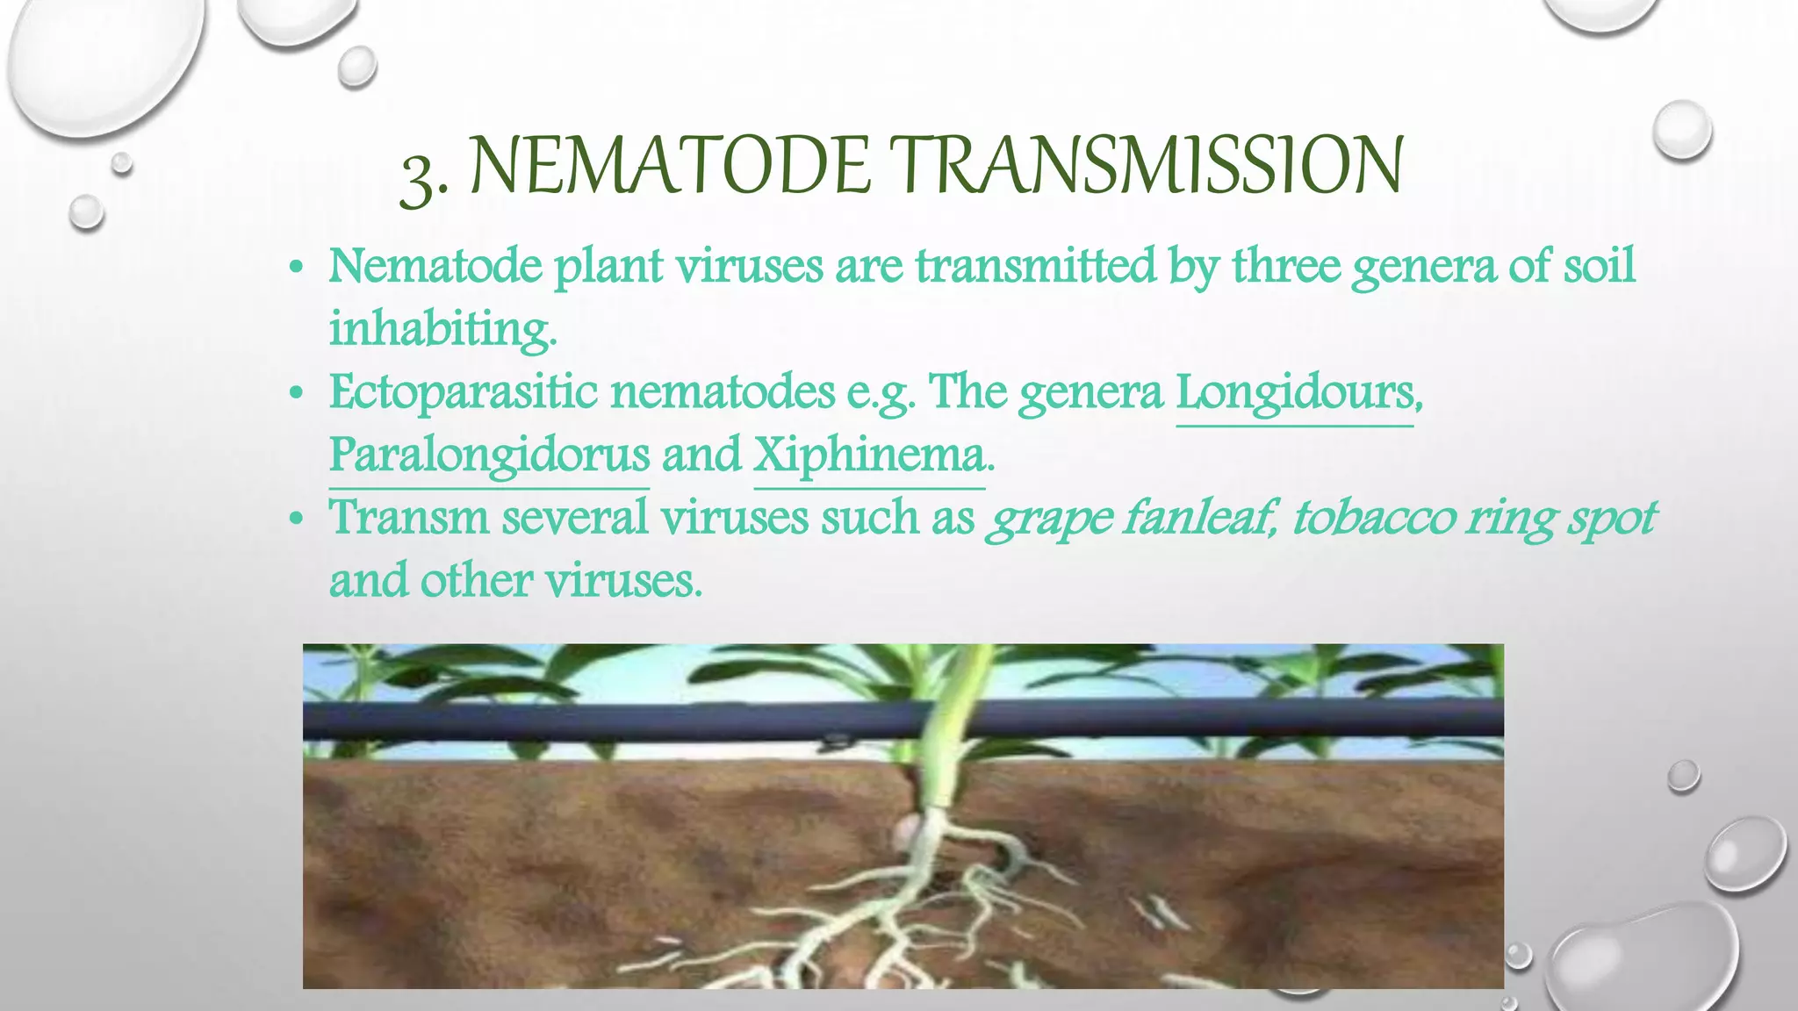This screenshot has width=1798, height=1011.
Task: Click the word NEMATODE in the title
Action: [672, 167]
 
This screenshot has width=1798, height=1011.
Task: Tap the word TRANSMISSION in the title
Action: [1146, 167]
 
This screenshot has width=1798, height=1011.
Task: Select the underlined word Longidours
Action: [1295, 392]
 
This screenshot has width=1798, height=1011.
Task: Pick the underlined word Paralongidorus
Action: [489, 455]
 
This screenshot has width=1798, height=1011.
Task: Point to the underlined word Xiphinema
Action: [869, 455]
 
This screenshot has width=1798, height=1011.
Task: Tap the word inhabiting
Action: [441, 330]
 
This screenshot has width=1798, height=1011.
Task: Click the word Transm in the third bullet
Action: [408, 518]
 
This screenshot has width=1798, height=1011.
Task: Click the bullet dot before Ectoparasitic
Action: [297, 394]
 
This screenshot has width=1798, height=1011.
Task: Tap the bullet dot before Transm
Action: [297, 520]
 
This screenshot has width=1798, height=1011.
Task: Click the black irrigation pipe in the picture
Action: [615, 720]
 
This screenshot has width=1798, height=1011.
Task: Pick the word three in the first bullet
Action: [1286, 265]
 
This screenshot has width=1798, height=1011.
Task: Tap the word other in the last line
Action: [476, 581]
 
